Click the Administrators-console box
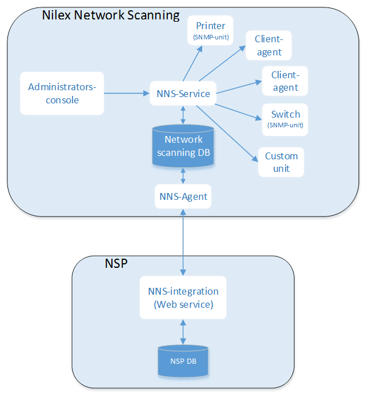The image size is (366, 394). click(x=62, y=93)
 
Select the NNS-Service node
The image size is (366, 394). click(x=183, y=94)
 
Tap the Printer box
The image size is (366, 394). click(x=211, y=30)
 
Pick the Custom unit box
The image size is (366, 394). click(x=281, y=162)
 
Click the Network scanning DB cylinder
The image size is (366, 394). click(x=183, y=146)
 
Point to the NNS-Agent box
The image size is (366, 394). click(x=183, y=197)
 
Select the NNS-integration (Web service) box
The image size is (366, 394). click(x=183, y=297)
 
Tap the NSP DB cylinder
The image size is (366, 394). click(x=183, y=360)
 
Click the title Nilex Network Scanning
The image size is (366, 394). click(x=111, y=15)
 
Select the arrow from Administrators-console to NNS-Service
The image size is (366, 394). click(x=125, y=93)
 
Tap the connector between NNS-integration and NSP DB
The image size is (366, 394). click(x=183, y=332)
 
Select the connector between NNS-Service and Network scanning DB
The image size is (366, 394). click(x=183, y=115)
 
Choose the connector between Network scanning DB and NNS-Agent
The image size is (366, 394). click(x=183, y=176)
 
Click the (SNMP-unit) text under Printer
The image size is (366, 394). click(x=211, y=38)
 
